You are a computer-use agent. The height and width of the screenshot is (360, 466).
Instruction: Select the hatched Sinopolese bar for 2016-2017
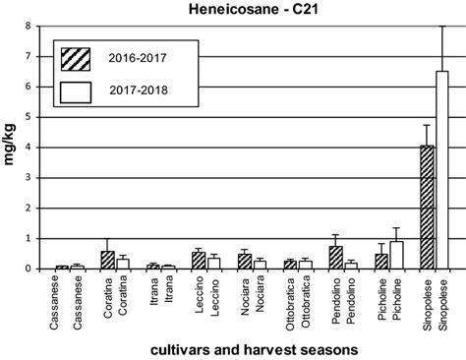(x=428, y=207)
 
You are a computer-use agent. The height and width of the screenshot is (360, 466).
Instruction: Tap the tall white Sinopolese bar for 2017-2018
(x=441, y=169)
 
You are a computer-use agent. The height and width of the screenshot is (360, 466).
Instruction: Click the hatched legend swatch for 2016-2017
(x=75, y=55)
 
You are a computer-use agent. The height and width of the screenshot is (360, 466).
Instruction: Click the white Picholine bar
(x=396, y=255)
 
